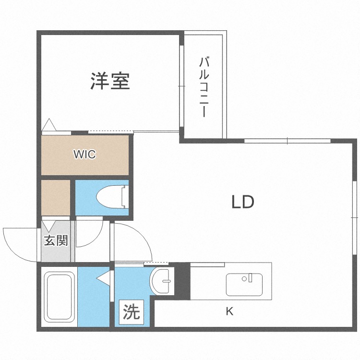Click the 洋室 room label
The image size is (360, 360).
[x=110, y=81]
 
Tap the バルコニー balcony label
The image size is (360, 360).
[x=204, y=87]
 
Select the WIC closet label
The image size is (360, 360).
[x=84, y=154]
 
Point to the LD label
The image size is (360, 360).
[x=243, y=202]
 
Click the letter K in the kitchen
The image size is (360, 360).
[x=229, y=312]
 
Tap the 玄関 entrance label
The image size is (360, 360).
[x=56, y=240]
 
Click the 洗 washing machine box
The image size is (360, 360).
[x=132, y=312]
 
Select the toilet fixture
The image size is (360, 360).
[x=112, y=196]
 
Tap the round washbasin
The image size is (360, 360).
[x=160, y=281]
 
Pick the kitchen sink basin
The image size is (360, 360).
[x=244, y=285]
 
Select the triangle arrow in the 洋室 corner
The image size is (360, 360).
[x=49, y=125]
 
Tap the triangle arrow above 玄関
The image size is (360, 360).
[x=48, y=226]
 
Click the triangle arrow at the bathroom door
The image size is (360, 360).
[x=103, y=278]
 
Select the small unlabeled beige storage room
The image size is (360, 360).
[x=56, y=197]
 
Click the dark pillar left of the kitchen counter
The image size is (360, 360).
[x=182, y=281]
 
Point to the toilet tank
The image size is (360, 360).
[x=125, y=197]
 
